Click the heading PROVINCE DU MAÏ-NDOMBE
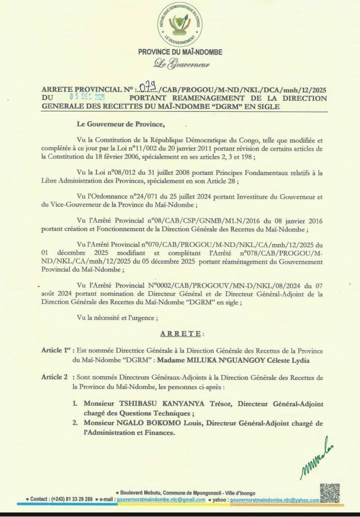click(x=180, y=52)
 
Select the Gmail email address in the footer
click(x=161, y=499)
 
